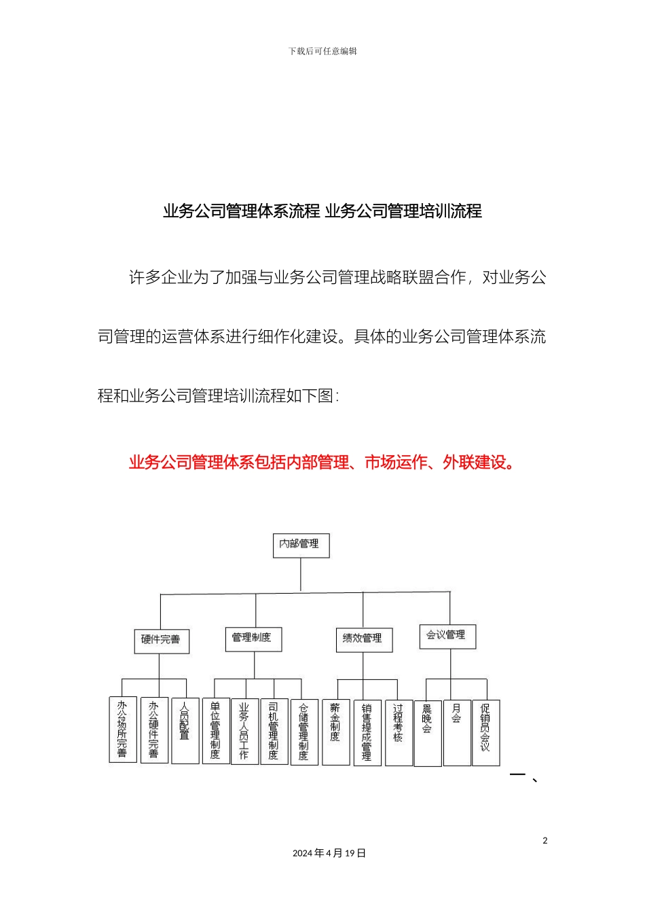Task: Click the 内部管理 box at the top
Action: [x=301, y=545]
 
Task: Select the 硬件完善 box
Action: [x=161, y=640]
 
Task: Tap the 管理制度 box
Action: [x=253, y=638]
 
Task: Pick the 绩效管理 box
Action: [x=363, y=639]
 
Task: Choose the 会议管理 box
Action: [x=447, y=636]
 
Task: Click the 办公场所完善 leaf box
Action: [x=122, y=730]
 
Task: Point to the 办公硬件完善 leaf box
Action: [x=154, y=730]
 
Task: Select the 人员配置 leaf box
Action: [x=185, y=730]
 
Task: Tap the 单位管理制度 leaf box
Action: [x=215, y=731]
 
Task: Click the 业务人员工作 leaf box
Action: [x=244, y=731]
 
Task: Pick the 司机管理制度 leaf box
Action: [x=274, y=731]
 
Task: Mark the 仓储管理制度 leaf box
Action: [x=303, y=732]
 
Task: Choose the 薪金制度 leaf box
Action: [x=335, y=732]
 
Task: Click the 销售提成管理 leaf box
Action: [x=367, y=732]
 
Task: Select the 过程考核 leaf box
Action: [x=398, y=732]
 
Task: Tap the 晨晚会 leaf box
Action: [x=427, y=733]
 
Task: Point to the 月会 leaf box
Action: [x=456, y=732]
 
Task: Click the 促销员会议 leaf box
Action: [x=485, y=732]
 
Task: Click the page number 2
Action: [x=545, y=841]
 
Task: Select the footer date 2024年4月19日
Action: [x=329, y=853]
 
